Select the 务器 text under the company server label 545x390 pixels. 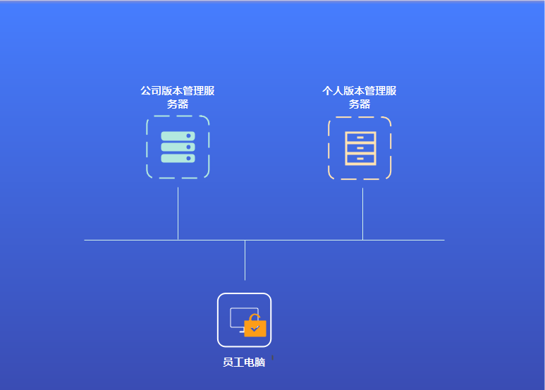point(178,104)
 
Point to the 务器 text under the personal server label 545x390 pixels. point(360,104)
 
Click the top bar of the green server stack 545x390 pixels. point(176,135)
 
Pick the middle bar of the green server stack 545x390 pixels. point(176,147)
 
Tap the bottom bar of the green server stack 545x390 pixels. point(176,158)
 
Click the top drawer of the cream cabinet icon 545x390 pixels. point(360,138)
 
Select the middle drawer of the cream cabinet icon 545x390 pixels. point(360,148)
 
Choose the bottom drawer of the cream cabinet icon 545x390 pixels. point(360,159)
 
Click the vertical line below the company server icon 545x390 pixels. point(178,213)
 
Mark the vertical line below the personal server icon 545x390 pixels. point(362,213)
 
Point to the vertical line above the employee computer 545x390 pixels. point(245,260)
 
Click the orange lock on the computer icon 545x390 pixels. point(255,329)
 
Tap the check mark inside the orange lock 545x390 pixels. point(255,329)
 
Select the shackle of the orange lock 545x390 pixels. point(255,317)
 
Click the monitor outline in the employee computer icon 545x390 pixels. point(238,316)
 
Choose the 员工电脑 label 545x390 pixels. point(244,362)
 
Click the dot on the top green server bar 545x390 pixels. point(189,135)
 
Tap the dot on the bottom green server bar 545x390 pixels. point(189,158)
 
